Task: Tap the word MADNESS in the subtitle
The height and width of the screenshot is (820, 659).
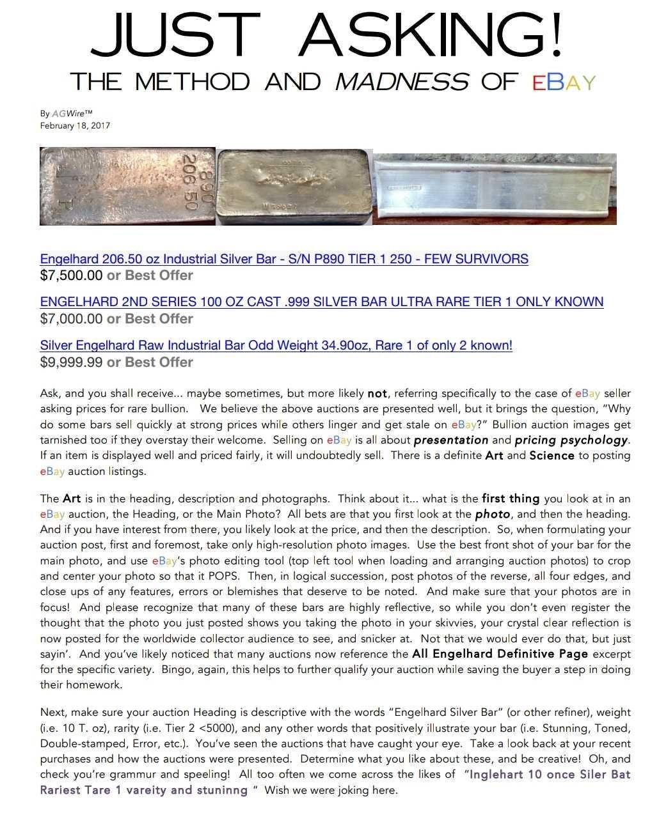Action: pyautogui.click(x=401, y=82)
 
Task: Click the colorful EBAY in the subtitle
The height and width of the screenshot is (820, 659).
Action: pyautogui.click(x=564, y=82)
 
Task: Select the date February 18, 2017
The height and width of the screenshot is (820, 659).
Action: pyautogui.click(x=75, y=125)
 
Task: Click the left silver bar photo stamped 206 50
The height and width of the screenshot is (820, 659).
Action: pyautogui.click(x=127, y=187)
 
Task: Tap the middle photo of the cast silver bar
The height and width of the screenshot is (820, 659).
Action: pyautogui.click(x=294, y=187)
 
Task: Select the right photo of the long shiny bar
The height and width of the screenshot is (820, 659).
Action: pyautogui.click(x=495, y=189)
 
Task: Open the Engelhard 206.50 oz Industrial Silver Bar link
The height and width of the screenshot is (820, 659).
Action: pyautogui.click(x=284, y=259)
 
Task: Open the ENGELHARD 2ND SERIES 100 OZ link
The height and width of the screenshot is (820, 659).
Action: pyautogui.click(x=321, y=302)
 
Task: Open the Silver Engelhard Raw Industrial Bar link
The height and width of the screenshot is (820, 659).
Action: pyautogui.click(x=276, y=345)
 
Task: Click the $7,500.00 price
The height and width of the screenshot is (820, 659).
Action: pyautogui.click(x=71, y=275)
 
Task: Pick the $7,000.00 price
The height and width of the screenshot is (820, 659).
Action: pyautogui.click(x=71, y=318)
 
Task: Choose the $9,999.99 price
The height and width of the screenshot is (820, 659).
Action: pyautogui.click(x=71, y=362)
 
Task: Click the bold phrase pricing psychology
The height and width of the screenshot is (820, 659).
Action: pyautogui.click(x=571, y=440)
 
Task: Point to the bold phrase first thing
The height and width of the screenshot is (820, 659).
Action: pyautogui.click(x=511, y=499)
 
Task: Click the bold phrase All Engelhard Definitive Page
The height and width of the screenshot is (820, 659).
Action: pyautogui.click(x=500, y=654)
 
